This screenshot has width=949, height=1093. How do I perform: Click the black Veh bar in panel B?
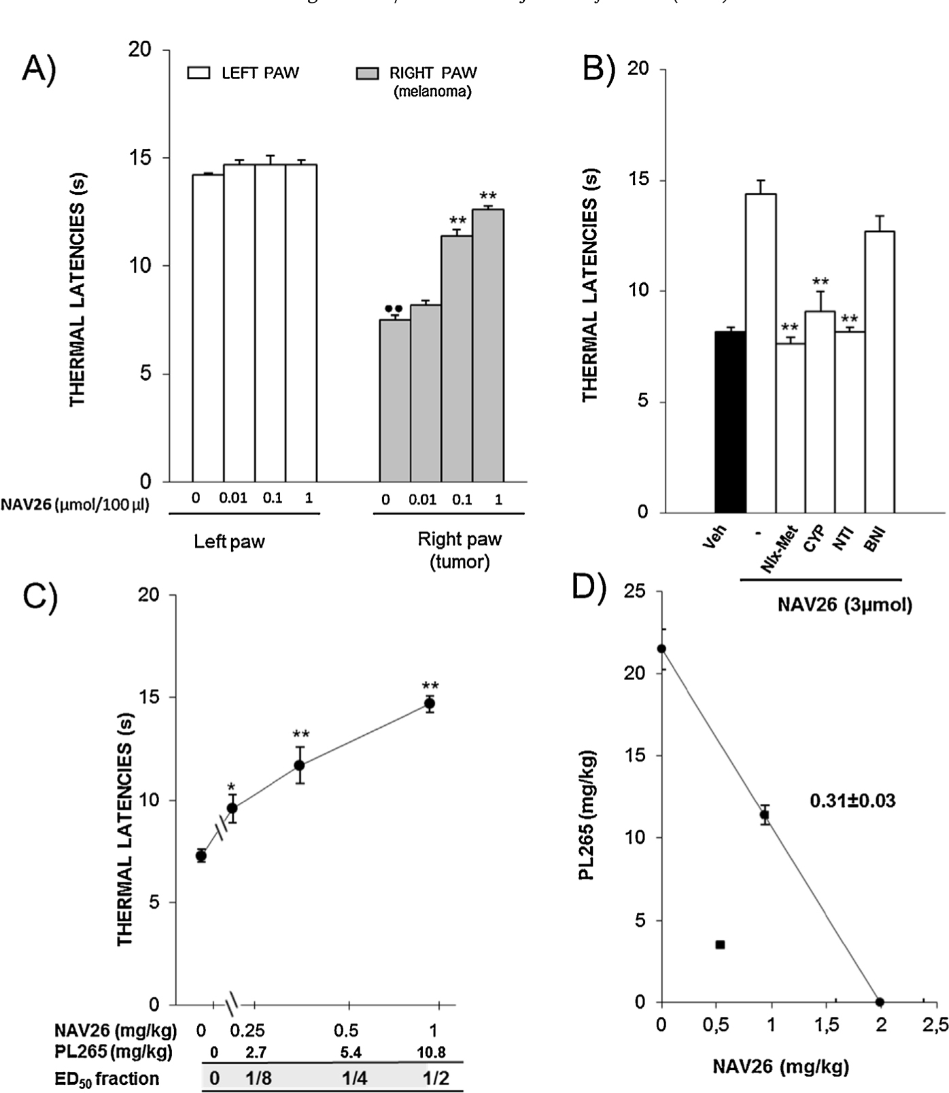731,422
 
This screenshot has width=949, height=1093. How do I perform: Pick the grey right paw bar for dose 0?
394,401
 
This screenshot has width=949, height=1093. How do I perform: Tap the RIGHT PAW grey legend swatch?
367,73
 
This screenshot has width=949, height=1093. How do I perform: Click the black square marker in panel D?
720,944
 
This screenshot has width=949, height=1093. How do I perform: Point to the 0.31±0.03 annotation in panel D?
852,801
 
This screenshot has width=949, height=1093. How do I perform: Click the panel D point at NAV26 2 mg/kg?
880,1002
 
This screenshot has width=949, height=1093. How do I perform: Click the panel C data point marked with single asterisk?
232,808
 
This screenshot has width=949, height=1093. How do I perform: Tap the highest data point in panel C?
430,703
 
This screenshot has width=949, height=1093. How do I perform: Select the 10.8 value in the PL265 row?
431,1052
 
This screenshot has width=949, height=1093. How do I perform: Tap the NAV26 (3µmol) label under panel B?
844,605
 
